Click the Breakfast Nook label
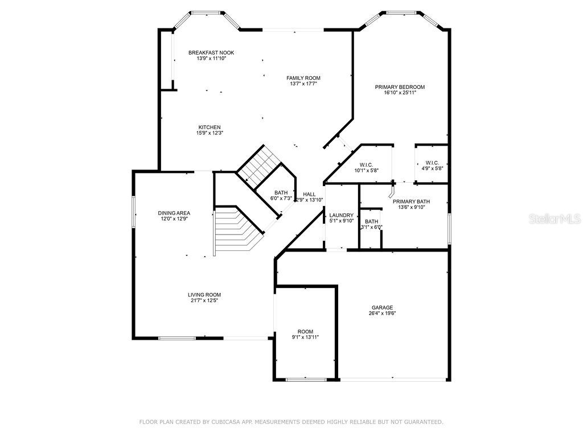point(211,53)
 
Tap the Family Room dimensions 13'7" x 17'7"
point(303,84)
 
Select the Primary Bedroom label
point(400,87)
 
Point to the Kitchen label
point(210,127)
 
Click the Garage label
point(383,307)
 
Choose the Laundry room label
point(342,215)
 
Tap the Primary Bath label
point(411,201)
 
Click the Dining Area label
point(174,213)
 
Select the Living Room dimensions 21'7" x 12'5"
point(203,300)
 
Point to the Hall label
point(309,194)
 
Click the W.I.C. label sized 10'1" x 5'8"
point(366,164)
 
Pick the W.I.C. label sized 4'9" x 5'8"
point(432,163)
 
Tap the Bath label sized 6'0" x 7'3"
point(281,192)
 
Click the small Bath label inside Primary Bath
point(371,221)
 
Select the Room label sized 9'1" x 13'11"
point(305,331)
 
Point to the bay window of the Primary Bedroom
point(403,13)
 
